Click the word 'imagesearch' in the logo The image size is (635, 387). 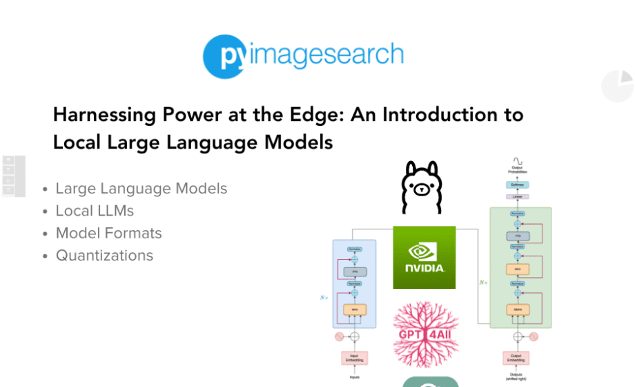click(x=326, y=56)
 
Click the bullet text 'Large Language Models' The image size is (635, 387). click(x=141, y=189)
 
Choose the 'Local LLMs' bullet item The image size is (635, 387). click(x=95, y=211)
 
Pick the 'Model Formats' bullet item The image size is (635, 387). click(x=108, y=233)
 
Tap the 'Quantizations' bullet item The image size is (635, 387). click(x=104, y=256)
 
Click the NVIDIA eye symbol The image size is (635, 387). click(x=424, y=251)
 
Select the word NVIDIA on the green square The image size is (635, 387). click(x=424, y=268)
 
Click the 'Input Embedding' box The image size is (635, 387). click(x=354, y=358)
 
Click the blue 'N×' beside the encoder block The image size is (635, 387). click(x=324, y=298)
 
